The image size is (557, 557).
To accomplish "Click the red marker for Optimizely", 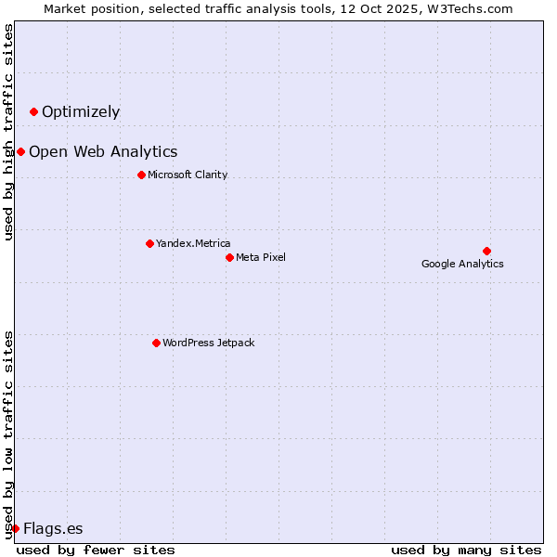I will coord(34,112).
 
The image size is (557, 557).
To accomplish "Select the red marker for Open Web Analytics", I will coord(20,152).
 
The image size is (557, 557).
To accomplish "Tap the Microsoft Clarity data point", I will coord(141,175).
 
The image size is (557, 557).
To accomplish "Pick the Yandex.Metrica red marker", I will coord(149,243).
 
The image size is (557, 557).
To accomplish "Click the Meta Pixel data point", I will coord(229,257).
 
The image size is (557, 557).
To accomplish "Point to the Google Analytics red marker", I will coord(486,251).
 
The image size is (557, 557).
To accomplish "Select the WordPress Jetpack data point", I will coord(156,343).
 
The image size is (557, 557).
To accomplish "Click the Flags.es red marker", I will coord(15,529).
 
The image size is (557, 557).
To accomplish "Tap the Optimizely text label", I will coord(81,112).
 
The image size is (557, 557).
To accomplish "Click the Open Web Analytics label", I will coord(103,152).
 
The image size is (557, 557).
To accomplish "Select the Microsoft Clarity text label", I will coord(188,175).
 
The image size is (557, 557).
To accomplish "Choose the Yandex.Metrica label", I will coord(193,243).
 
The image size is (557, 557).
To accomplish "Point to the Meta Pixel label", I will coord(261,257).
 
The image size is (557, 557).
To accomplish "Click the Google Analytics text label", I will coord(462,264).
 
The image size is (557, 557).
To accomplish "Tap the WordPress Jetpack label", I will coord(208,343).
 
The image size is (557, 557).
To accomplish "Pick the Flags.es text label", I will coord(53,529).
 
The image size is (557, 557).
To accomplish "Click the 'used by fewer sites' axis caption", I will coord(96,550).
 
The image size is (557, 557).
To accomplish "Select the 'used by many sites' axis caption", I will coord(466,550).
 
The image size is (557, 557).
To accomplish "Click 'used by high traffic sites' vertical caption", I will coord(9,132).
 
